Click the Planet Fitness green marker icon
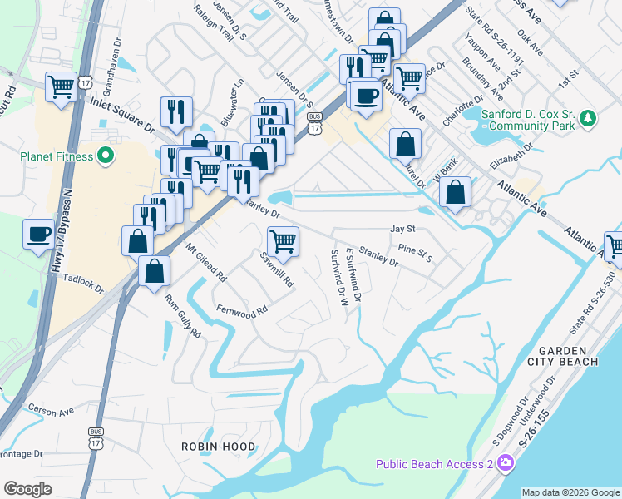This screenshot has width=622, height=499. [106, 156]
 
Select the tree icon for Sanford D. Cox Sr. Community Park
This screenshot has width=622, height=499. [588, 119]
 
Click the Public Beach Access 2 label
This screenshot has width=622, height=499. [434, 465]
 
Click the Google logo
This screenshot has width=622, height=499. [27, 488]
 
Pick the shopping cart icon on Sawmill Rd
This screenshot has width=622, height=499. [283, 240]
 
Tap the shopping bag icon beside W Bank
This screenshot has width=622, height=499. [455, 192]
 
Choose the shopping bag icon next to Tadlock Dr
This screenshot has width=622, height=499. [154, 271]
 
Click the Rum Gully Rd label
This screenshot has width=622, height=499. [183, 316]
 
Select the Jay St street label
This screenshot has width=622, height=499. [402, 229]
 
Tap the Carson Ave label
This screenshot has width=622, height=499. [51, 409]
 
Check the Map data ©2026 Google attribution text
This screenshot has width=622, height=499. [570, 492]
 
